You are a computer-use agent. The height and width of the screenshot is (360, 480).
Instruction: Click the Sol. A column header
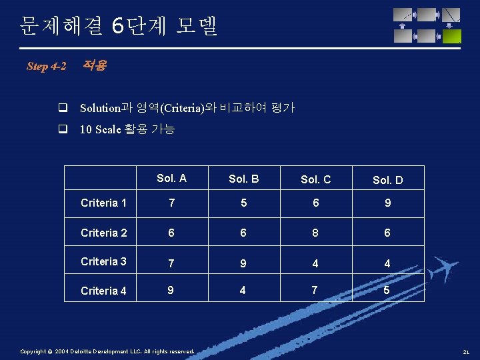tap(171, 178)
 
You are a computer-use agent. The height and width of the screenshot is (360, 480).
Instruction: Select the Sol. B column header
tap(243, 179)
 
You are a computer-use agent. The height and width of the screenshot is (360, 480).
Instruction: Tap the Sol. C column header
tap(315, 179)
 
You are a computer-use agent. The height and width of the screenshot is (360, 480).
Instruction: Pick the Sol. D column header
tap(387, 180)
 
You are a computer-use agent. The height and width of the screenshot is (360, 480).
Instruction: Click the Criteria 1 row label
tap(103, 203)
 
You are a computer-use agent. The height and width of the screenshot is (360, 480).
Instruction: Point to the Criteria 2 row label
tap(103, 233)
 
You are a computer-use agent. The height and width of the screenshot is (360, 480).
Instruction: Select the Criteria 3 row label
tap(103, 261)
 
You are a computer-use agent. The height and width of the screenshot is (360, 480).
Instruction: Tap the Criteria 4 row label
tap(103, 291)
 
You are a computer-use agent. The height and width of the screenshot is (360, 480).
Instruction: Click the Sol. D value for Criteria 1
tap(387, 203)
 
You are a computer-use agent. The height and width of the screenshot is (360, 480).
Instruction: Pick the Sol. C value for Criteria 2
tap(315, 233)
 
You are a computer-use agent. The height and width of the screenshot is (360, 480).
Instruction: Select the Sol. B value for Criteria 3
tap(243, 263)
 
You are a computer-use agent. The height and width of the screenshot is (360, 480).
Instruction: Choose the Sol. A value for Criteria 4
tap(171, 290)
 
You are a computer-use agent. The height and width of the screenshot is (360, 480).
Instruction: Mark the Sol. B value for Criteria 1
tap(243, 203)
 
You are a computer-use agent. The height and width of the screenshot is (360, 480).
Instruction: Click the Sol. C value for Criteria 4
tap(315, 290)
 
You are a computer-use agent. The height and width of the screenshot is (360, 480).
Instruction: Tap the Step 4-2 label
tap(47, 66)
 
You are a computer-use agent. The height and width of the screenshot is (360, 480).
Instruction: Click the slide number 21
tap(466, 352)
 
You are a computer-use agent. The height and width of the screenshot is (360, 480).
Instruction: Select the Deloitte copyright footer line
tap(107, 351)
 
